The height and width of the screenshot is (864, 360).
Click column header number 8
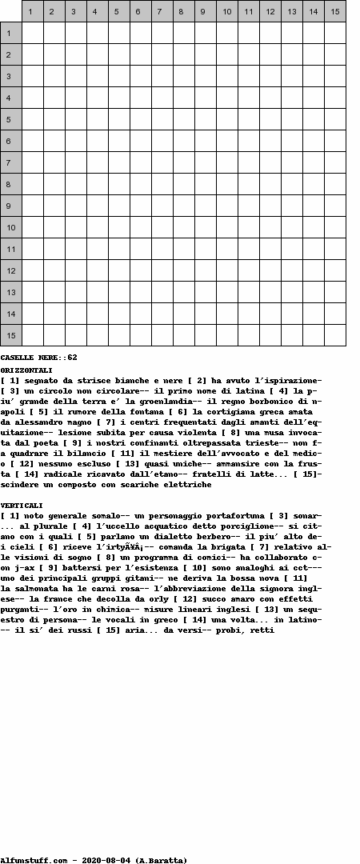(184, 11)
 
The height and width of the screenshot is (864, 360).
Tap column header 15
(334, 11)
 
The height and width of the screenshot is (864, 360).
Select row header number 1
(10, 33)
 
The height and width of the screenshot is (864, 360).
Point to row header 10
(10, 227)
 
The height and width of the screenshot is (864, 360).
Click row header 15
(10, 335)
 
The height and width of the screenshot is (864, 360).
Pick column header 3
(76, 11)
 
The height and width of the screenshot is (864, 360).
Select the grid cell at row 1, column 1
(33, 33)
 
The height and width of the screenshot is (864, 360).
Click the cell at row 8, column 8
(184, 184)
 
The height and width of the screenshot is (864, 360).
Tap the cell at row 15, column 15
(334, 335)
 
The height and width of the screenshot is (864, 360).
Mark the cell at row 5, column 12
(270, 119)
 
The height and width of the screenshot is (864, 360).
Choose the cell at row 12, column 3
(76, 270)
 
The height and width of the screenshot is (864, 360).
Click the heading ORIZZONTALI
(26, 370)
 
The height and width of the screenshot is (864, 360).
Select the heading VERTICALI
(22, 506)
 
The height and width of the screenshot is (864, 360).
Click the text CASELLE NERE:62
(38, 358)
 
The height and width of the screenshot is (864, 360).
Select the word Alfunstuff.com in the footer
(34, 860)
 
